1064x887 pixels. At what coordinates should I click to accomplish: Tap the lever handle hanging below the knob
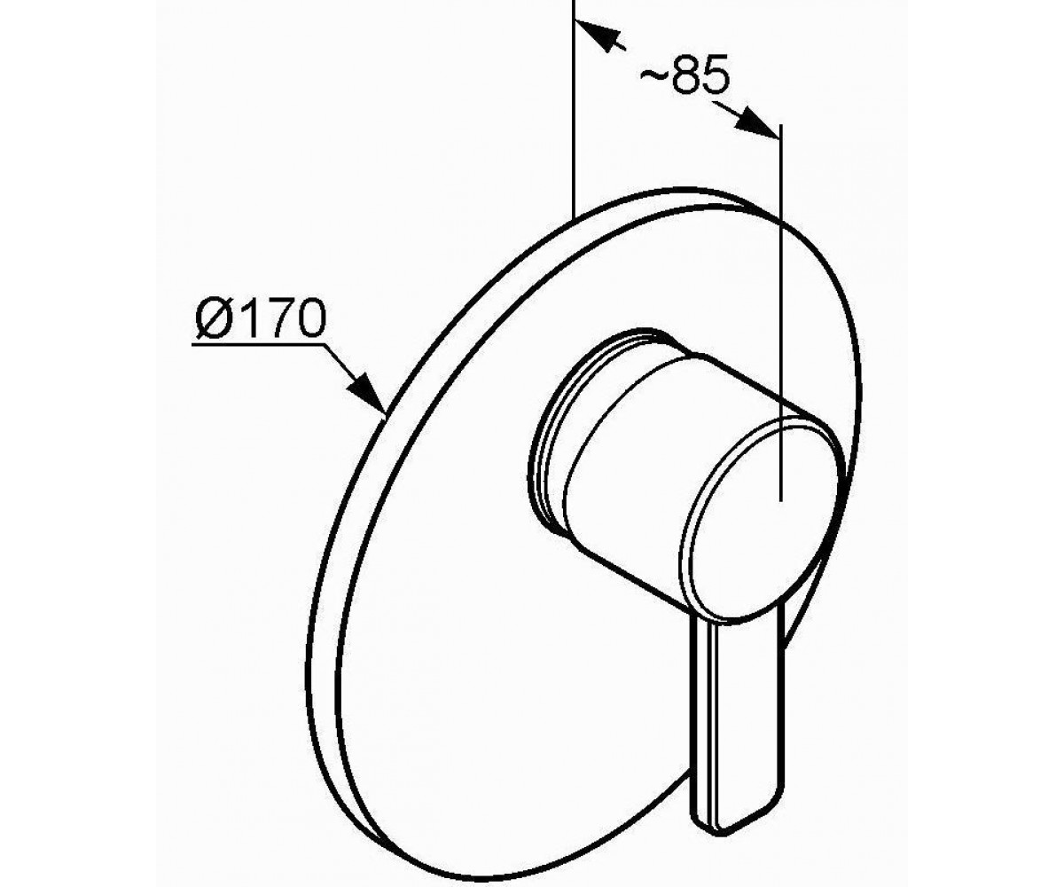[738, 703]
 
